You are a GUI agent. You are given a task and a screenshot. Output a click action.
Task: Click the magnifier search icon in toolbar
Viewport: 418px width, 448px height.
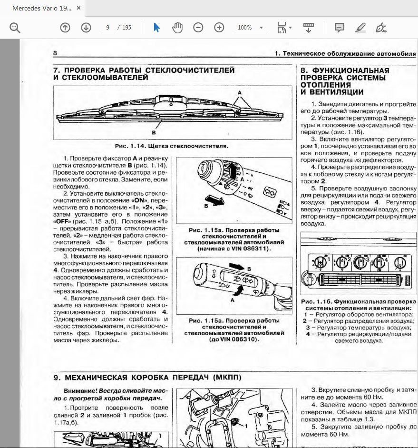tap(15, 28)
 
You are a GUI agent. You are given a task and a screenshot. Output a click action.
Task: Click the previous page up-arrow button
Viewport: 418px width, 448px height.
tap(65, 28)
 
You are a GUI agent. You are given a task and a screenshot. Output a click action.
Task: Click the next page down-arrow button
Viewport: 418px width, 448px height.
tap(86, 28)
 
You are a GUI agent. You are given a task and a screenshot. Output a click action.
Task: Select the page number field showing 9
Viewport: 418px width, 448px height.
tap(108, 28)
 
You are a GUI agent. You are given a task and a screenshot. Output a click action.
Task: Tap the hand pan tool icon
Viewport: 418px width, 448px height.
tap(177, 28)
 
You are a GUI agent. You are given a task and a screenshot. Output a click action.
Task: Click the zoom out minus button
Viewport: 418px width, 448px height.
tap(198, 28)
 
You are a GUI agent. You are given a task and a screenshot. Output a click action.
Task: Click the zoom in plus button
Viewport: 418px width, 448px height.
tap(219, 28)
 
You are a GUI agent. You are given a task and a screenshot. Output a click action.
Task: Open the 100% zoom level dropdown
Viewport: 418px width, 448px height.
tap(250, 28)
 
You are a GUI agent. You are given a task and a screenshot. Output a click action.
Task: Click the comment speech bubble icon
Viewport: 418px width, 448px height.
tap(339, 28)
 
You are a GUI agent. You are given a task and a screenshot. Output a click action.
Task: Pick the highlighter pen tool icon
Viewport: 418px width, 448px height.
tap(360, 28)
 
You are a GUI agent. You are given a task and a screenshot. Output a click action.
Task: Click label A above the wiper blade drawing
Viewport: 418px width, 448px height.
tap(240, 91)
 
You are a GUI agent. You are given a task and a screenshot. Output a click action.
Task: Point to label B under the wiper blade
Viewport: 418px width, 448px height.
tap(154, 133)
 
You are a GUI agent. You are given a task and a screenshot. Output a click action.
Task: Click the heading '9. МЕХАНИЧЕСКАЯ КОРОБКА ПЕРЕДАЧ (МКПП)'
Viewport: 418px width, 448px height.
tap(147, 377)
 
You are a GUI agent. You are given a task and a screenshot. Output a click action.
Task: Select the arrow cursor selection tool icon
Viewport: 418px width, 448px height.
tap(156, 28)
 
